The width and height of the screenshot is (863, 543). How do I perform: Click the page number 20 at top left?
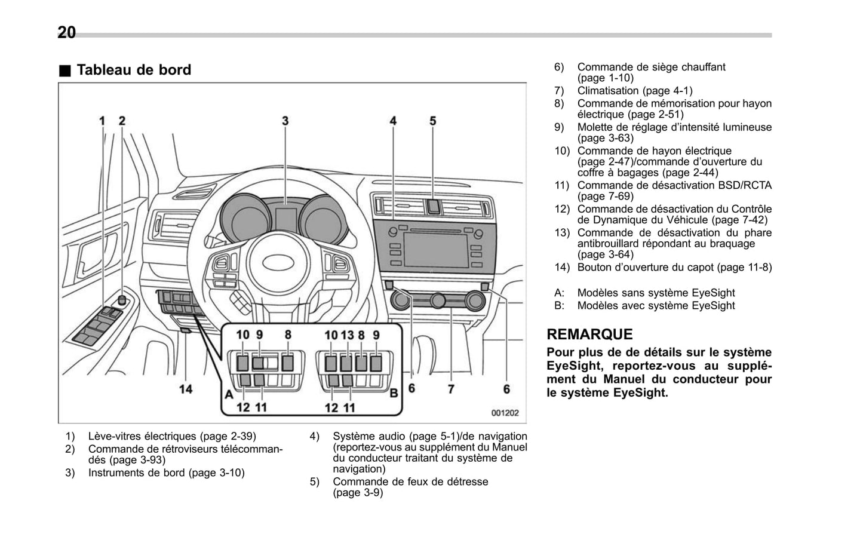66,32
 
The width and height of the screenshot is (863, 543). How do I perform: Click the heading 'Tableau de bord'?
134,70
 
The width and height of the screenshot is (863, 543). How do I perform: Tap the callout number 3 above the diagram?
285,121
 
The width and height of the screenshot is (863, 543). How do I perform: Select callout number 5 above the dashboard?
432,121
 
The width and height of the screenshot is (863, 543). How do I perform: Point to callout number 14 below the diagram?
186,389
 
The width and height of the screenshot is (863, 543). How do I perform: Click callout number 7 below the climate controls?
451,389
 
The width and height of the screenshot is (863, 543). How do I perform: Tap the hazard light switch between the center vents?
433,207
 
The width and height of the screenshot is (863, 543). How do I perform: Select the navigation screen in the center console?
435,250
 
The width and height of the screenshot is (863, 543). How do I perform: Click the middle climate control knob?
439,300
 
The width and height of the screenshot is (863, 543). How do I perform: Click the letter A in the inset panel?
228,394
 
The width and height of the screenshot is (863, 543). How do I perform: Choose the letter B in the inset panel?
394,394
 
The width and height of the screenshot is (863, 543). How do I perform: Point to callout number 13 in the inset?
347,335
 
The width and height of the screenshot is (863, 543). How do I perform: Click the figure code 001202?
505,413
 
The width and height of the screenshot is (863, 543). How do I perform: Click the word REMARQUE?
589,334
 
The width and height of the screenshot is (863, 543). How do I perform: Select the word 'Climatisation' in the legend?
608,91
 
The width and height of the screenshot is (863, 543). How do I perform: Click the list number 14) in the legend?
561,267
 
